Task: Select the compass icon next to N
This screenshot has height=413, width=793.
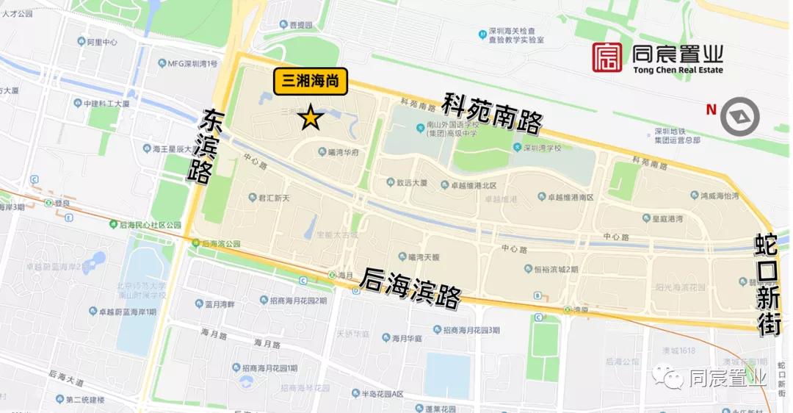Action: [x=739, y=117]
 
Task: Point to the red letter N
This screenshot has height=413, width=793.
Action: [x=711, y=110]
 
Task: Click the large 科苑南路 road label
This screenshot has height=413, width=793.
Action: [x=492, y=113]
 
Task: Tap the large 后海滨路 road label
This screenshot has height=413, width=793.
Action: [x=412, y=287]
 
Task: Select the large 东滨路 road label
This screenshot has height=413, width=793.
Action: [x=205, y=147]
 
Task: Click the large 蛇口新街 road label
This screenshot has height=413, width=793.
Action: [x=768, y=284]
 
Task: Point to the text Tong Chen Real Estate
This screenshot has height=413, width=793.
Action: [x=677, y=70]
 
